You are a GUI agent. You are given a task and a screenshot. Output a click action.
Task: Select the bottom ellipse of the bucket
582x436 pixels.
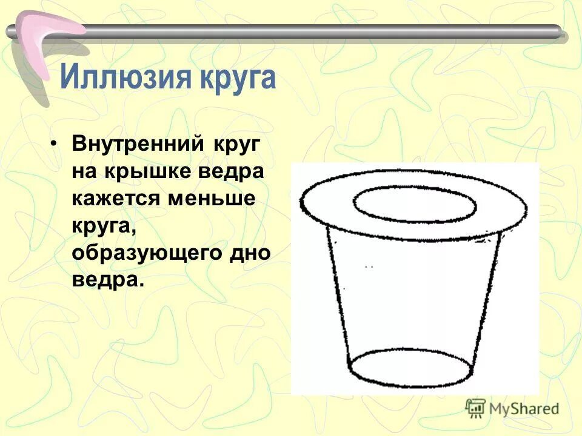point(410,368)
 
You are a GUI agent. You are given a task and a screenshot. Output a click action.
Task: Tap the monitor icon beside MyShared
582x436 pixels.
point(476,408)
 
